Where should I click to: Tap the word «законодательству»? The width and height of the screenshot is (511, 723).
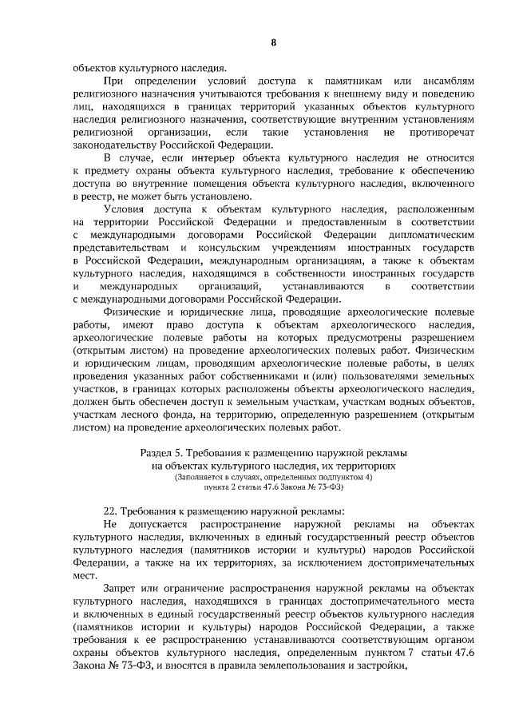click(113, 145)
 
